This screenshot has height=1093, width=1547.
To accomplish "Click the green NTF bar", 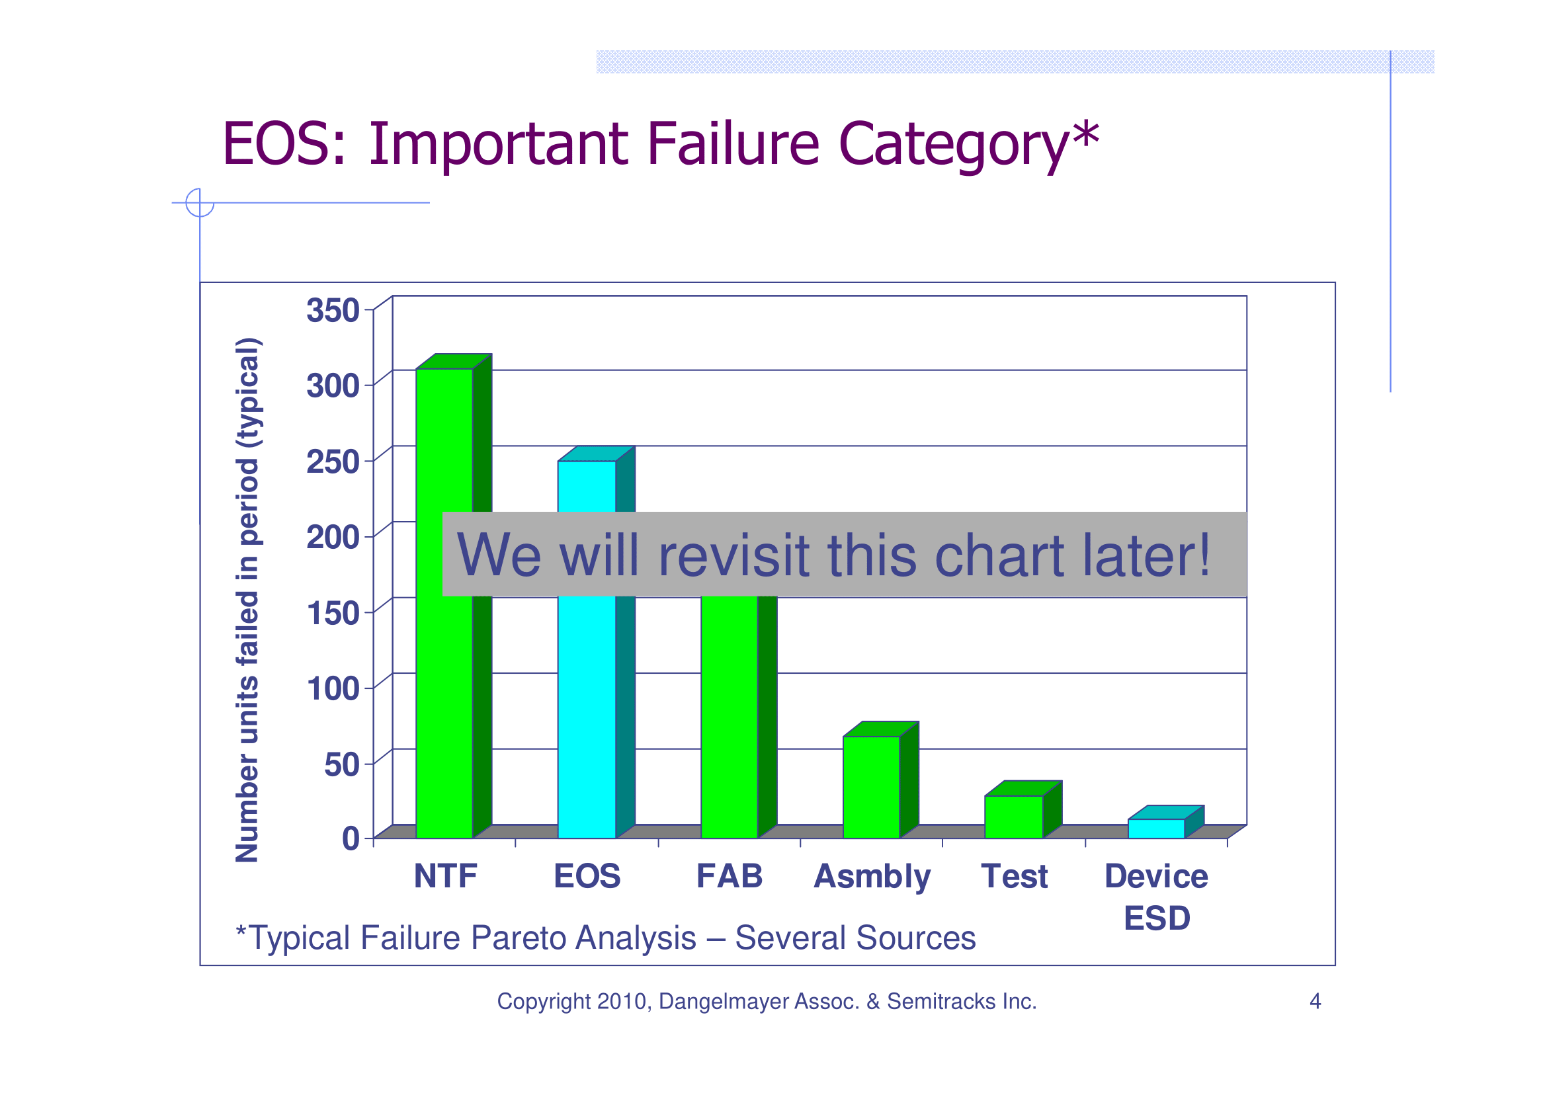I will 444,606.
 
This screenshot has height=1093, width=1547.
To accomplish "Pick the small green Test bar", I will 1013,816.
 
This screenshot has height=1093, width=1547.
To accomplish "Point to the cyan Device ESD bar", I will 1156,829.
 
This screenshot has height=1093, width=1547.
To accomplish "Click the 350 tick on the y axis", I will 333,311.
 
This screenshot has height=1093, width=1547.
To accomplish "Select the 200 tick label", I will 333,538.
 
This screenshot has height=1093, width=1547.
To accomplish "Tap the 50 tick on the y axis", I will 341,764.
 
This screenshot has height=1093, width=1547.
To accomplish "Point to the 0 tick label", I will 351,839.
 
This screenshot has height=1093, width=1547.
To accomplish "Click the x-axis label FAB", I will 729,876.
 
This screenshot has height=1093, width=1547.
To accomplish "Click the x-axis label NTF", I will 445,876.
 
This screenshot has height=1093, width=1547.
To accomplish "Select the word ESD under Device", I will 1157,918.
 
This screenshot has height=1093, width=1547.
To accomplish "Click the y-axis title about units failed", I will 247,599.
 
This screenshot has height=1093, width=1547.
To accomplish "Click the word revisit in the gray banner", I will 733,555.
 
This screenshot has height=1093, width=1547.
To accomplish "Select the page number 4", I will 1315,1001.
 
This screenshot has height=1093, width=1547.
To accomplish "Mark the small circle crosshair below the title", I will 200,202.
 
